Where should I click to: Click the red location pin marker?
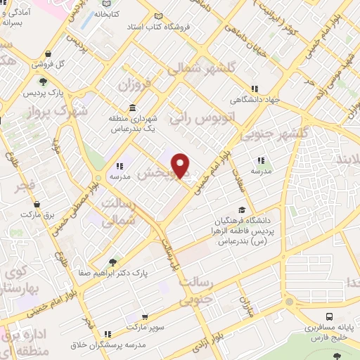pos(181,165)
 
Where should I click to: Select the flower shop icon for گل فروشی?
pos(46,53)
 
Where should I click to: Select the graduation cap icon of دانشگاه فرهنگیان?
pos(243,210)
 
